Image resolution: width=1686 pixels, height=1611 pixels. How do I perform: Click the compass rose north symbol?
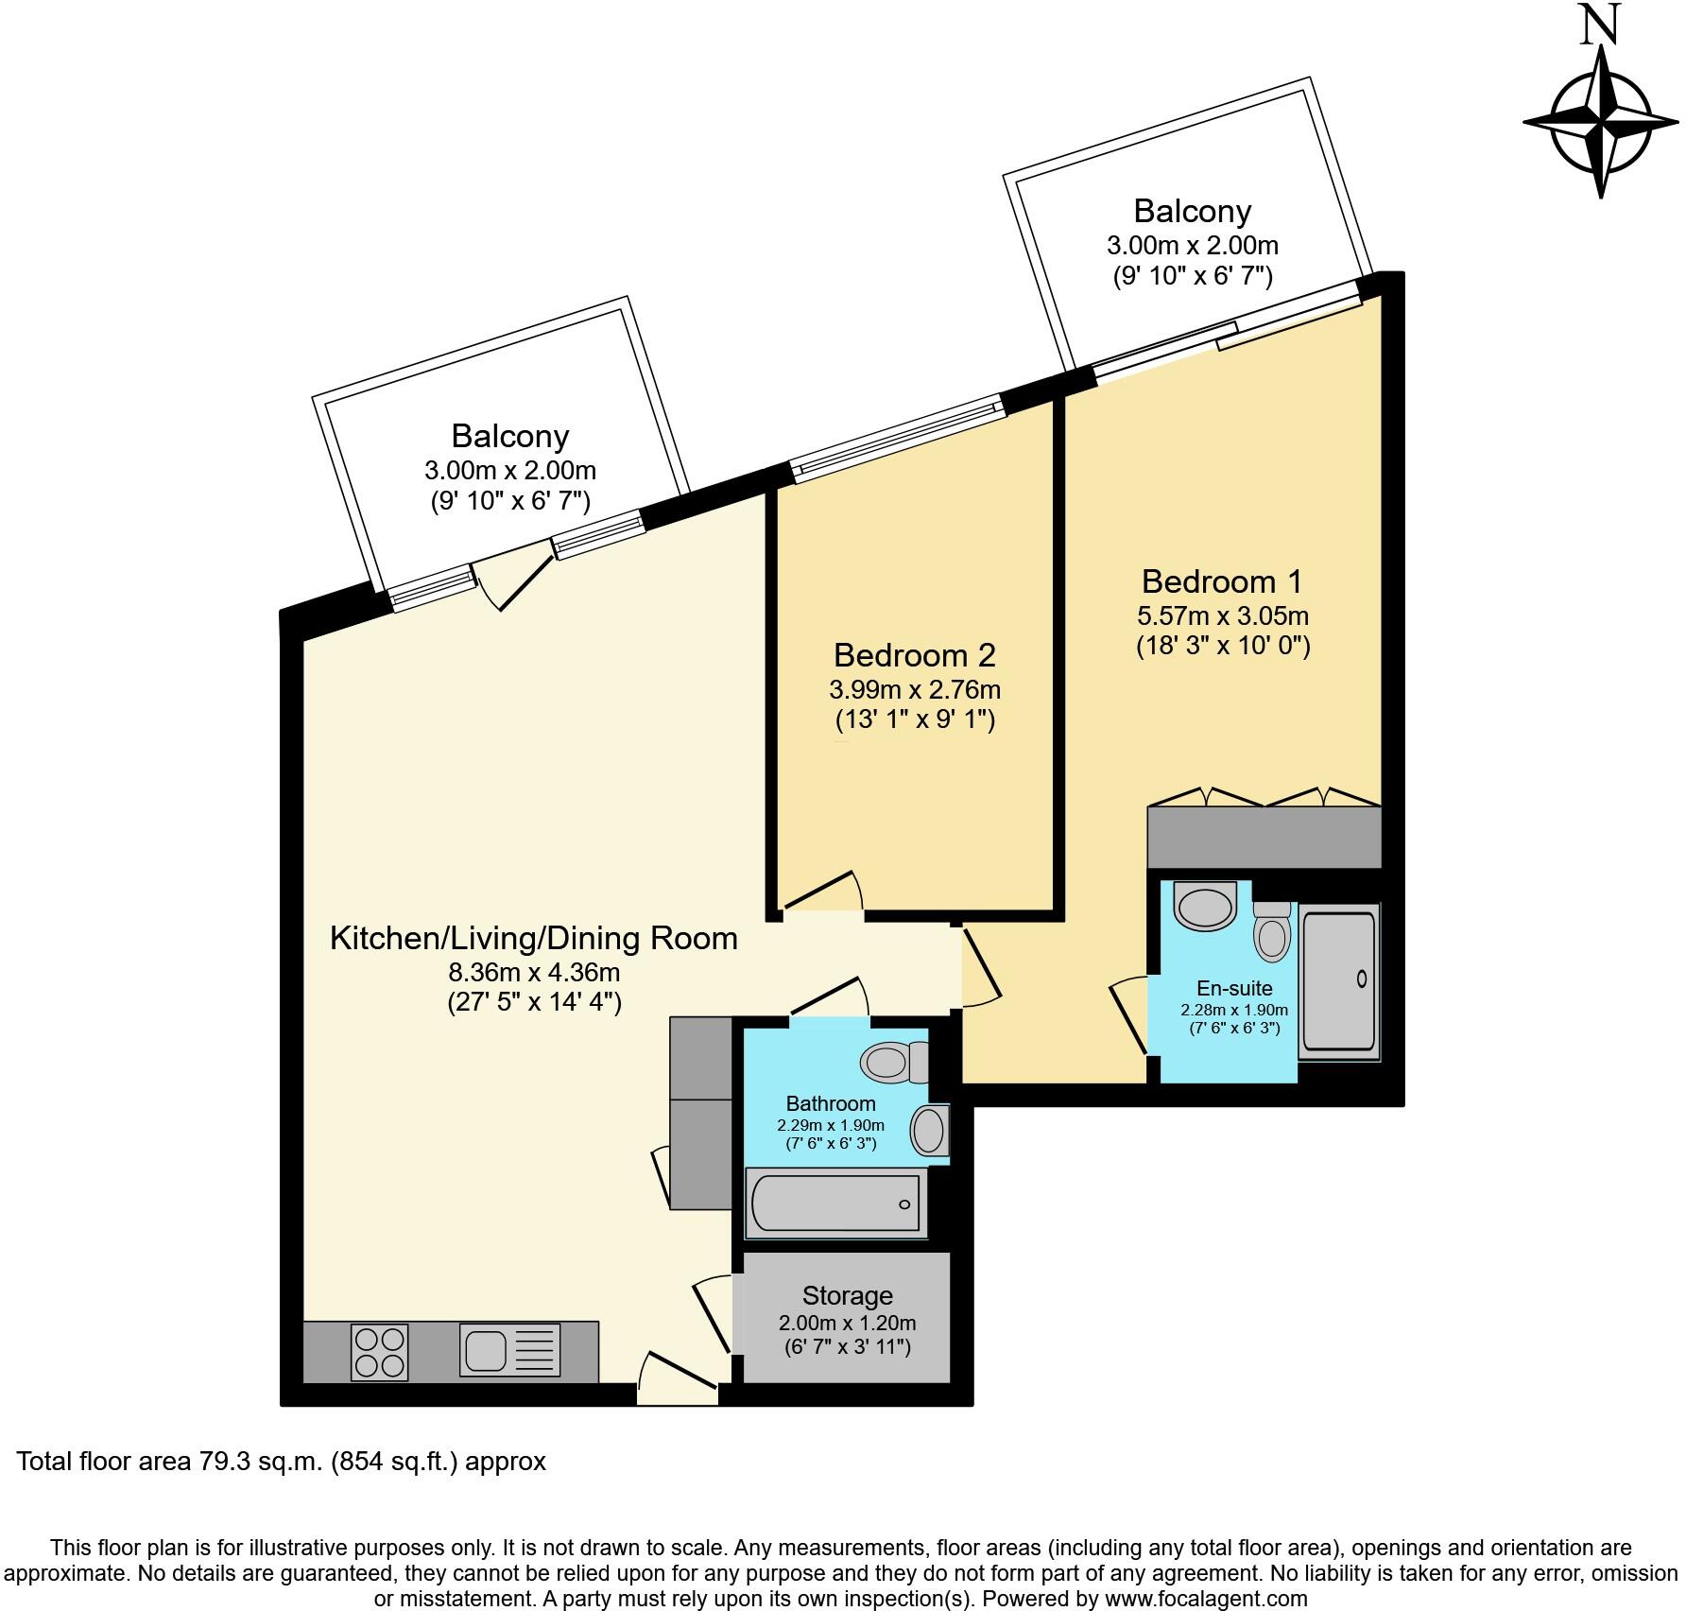pos(1601,123)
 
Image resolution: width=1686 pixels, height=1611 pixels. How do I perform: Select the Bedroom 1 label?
pos(1222,580)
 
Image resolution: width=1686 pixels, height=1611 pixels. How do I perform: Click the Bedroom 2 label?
pos(914,655)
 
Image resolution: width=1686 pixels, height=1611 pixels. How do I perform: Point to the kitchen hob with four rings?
pos(380,1351)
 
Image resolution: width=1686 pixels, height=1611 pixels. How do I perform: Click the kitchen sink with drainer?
pos(510,1350)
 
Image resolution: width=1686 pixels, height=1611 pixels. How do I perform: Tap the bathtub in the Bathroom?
pos(835,1203)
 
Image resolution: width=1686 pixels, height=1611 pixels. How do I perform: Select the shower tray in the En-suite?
pos(1339,980)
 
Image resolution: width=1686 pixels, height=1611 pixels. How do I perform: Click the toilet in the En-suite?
pos(1272,931)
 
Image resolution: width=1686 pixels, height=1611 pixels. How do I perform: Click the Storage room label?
pos(847,1295)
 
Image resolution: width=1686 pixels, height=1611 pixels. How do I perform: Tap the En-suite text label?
pos(1234,989)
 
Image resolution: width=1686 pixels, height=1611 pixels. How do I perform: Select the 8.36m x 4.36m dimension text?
pos(534,972)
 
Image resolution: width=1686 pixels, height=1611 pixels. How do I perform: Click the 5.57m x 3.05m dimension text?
pos(1222,616)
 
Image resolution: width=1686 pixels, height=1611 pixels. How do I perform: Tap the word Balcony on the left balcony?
pos(509,436)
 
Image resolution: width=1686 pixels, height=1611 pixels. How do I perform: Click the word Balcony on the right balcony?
pos(1192,211)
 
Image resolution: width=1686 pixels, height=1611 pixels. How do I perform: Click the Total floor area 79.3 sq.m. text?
pos(282,1462)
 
